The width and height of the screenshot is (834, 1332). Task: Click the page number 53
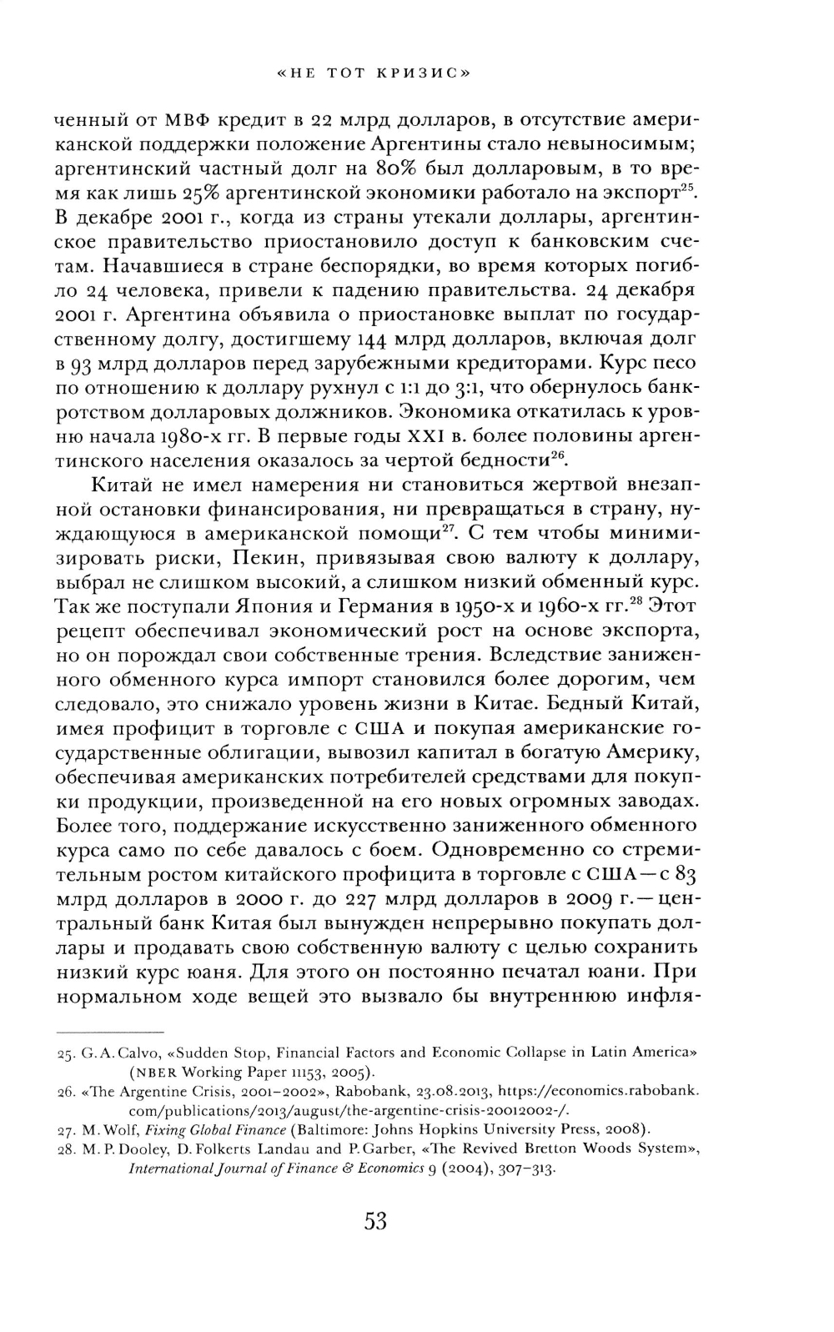point(375,1222)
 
